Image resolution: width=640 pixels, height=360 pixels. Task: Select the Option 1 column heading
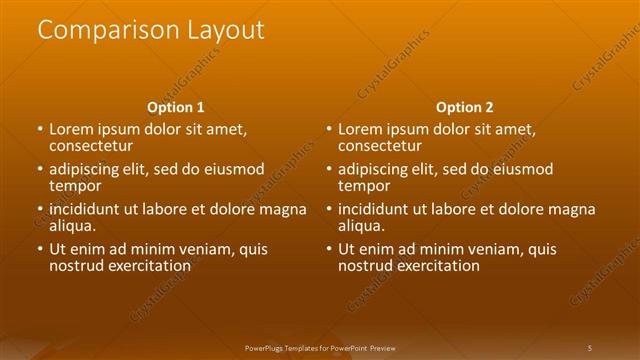pos(176,107)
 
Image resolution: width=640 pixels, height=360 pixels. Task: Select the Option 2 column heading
pos(465,107)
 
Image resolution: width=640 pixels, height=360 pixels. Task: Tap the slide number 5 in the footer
pos(590,347)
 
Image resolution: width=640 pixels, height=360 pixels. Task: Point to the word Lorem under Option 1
pos(71,130)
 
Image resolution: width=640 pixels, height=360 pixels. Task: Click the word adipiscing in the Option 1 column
pos(88,170)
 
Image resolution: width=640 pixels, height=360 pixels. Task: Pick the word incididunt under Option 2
pos(377,210)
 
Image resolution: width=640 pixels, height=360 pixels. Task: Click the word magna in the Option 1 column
pos(282,210)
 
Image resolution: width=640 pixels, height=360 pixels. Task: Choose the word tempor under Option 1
pos(74,186)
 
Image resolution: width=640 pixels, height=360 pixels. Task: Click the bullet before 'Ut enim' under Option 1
pos(40,250)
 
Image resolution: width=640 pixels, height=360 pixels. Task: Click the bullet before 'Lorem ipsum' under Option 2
pos(329,130)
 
